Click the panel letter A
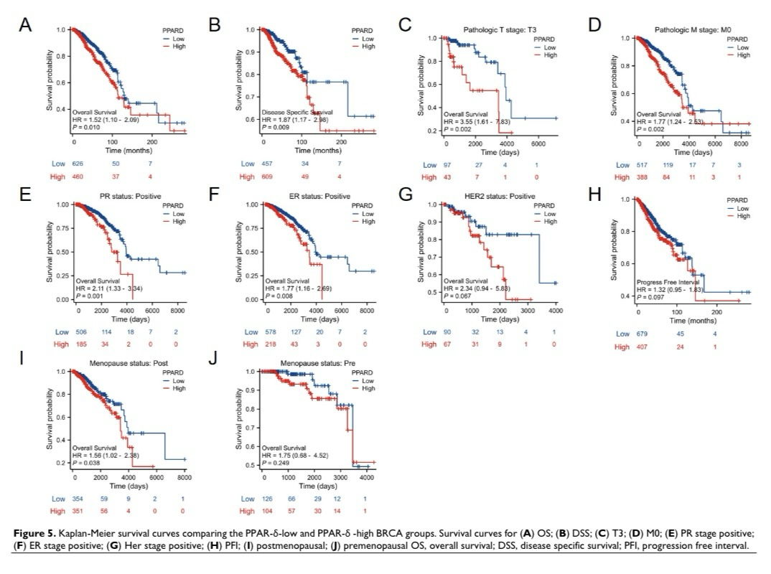coord(24,26)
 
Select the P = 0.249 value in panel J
coord(281,459)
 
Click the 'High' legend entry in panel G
coord(550,222)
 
